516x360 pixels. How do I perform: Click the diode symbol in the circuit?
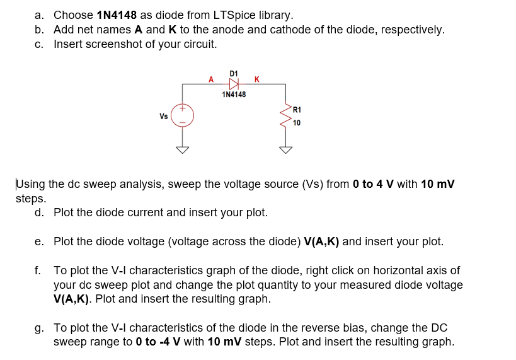[x=234, y=83]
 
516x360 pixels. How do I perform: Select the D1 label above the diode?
[x=234, y=73]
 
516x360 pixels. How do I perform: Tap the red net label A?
[x=211, y=79]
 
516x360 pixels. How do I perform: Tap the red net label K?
[x=256, y=79]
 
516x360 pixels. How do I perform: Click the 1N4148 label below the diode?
[x=234, y=95]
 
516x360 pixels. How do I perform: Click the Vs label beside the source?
[x=164, y=116]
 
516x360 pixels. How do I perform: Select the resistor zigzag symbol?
[x=285, y=116]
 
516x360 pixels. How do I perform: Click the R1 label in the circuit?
[x=297, y=110]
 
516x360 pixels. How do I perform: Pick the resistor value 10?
[x=297, y=122]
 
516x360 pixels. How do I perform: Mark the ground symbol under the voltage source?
[x=183, y=150]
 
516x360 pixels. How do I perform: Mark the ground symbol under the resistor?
[x=285, y=150]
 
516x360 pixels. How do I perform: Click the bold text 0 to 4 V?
[x=374, y=184]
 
